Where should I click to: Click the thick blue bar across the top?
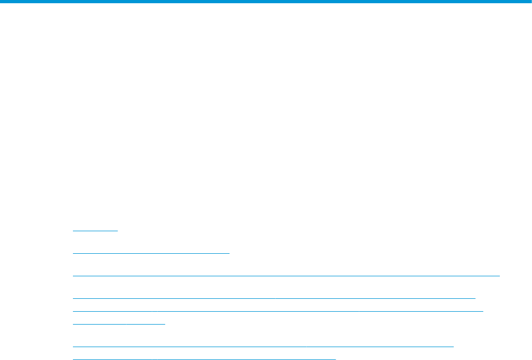click(x=266, y=2)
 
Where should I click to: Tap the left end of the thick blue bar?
click(x=2, y=2)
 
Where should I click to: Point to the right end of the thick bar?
click(x=530, y=2)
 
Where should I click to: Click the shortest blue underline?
click(x=95, y=230)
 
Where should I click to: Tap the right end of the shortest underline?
click(x=117, y=230)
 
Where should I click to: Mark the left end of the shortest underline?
click(x=73, y=230)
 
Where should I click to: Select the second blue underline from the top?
click(x=151, y=251)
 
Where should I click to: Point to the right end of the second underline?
click(x=229, y=251)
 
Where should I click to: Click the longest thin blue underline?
click(x=286, y=275)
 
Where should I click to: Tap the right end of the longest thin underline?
click(x=499, y=275)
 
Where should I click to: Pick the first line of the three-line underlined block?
click(x=274, y=297)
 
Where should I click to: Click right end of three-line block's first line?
click(x=476, y=297)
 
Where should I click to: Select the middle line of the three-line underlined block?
click(x=278, y=310)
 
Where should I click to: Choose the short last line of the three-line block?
click(x=119, y=324)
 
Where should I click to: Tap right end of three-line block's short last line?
click(x=165, y=324)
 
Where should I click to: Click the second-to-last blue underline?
click(x=263, y=347)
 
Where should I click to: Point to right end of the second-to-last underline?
click(x=454, y=347)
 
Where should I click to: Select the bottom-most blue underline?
click(x=204, y=358)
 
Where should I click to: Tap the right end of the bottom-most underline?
click(x=335, y=358)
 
